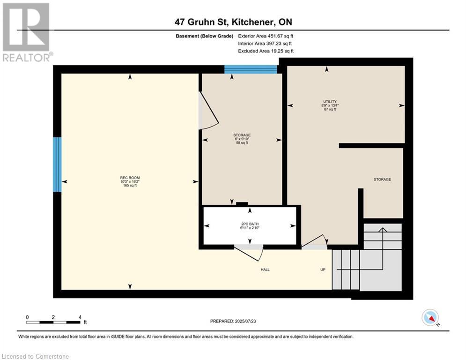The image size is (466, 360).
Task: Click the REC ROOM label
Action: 130,178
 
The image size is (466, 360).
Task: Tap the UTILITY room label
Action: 330,101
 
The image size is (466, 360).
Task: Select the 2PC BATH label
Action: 250,224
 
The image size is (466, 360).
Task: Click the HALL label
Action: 265,270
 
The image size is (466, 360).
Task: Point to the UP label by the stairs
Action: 323,270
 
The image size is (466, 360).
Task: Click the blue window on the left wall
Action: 57,164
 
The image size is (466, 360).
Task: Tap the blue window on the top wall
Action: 251,69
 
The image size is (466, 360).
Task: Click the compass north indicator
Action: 430,318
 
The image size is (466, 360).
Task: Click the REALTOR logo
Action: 27,32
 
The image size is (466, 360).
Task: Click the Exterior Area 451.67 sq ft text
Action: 266,36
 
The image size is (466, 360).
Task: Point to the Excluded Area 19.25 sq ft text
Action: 266,51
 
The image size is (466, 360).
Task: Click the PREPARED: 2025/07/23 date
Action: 233,321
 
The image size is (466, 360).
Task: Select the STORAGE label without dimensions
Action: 382,180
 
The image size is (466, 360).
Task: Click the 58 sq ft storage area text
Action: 242,143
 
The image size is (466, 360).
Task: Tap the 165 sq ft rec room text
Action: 130,185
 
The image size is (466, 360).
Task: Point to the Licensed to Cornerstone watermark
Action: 35,356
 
